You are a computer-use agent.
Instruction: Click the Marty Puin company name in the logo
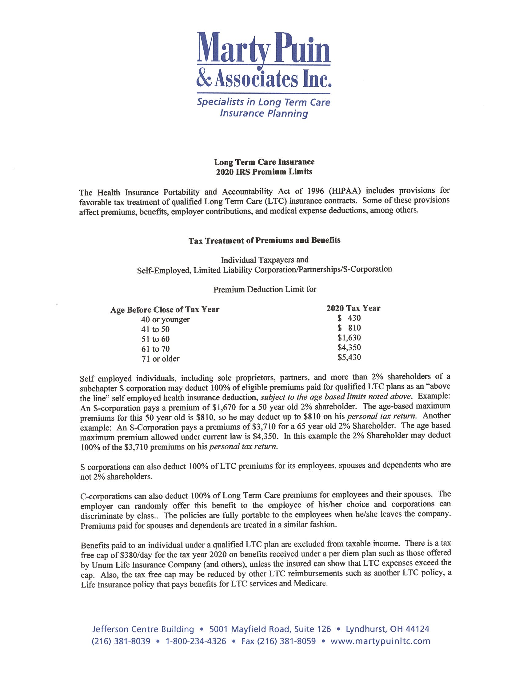263,48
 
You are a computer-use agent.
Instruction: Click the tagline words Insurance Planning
264,113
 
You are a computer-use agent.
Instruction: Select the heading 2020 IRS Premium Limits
264,172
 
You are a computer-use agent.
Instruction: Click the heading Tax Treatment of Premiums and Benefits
264,240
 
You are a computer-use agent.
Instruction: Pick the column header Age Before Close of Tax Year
165,309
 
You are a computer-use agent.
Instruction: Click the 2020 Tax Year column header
353,308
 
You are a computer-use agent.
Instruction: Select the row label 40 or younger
166,319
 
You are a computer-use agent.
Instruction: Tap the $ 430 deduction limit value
349,318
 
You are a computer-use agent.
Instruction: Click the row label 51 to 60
156,339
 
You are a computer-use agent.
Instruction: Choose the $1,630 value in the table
349,337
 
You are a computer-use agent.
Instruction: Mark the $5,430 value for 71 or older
349,357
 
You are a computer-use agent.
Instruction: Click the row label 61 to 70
156,349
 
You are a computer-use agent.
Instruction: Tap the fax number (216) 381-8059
278,641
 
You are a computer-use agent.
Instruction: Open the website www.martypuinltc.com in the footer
381,641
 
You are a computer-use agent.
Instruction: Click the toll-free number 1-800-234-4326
196,641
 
